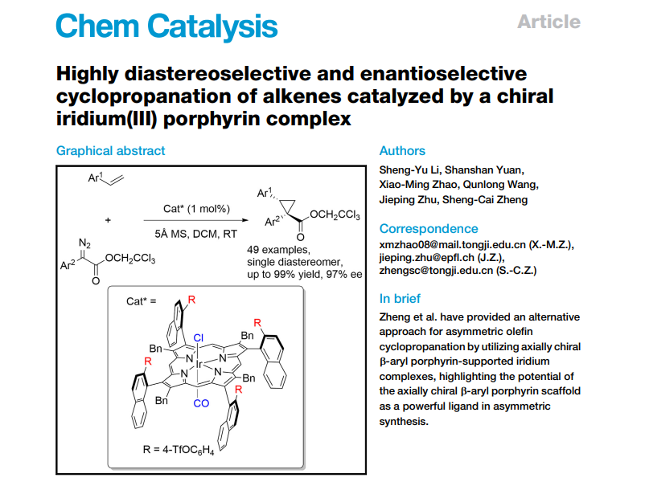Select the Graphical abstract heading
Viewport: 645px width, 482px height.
(x=110, y=150)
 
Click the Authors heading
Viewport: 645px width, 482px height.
(x=402, y=150)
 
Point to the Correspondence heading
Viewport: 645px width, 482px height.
(x=429, y=228)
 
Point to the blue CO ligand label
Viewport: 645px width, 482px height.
(x=202, y=403)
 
